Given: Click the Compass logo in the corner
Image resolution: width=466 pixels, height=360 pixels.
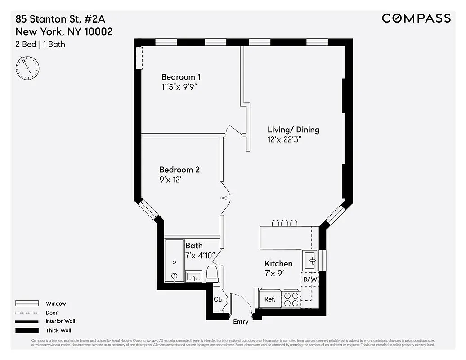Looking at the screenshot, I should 416,18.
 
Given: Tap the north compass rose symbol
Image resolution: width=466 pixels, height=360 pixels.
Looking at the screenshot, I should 27,68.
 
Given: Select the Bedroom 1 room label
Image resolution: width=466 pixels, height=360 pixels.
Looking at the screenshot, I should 178,77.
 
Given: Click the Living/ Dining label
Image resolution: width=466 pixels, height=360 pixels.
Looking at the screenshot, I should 293,130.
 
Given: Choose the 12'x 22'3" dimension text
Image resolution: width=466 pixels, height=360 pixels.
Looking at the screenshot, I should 284,139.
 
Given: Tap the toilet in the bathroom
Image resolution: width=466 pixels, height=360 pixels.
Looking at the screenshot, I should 212,274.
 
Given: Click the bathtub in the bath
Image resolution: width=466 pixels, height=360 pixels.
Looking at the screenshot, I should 174,261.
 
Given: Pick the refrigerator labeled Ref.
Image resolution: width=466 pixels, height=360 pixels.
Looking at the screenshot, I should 269,299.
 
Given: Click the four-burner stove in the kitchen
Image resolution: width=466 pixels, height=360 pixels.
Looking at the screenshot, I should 291,299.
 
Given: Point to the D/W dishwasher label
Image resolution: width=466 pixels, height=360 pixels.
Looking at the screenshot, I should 310,279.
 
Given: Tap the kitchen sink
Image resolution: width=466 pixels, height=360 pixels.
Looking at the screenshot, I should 310,260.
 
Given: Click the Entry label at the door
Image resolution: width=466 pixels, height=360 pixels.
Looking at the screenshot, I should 241,322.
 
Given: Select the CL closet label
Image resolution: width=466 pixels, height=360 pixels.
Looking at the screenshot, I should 217,299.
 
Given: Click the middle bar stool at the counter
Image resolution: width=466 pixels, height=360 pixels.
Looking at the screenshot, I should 284,223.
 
